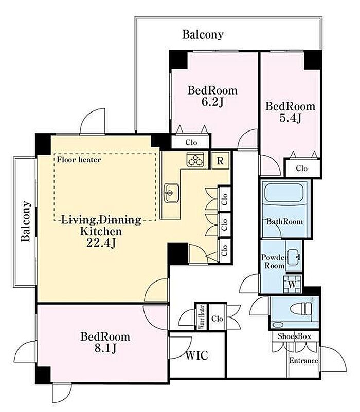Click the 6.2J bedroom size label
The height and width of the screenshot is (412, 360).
pos(212,102)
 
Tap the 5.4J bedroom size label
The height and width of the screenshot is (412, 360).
pos(290,118)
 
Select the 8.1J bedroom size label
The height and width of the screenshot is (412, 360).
pos(105,348)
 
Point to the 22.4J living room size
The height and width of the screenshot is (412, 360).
pos(101,243)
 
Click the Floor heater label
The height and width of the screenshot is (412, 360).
pos(79,159)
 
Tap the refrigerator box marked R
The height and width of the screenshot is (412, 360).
pos(220,160)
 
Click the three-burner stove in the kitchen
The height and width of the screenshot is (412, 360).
pos(195,160)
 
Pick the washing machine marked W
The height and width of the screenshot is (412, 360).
pos(292,284)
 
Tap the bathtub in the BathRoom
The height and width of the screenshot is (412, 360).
pos(284,193)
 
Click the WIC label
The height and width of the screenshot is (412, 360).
pos(197,355)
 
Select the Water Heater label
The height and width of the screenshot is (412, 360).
pos(202,317)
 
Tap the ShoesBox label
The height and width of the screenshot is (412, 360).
pos(294,336)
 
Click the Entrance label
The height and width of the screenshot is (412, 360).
pos(304,361)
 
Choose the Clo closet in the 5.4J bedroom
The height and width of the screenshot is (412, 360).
pos(302,168)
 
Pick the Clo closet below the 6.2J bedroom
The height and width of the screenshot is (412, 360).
pos(191,142)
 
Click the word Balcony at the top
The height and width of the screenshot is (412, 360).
pos(203,34)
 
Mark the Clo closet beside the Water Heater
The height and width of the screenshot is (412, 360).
pos(217,319)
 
